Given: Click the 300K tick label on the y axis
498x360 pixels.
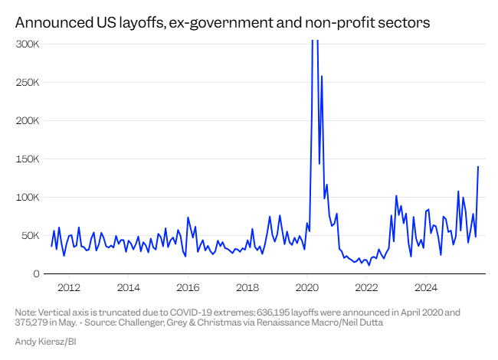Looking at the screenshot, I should pyautogui.click(x=28, y=44).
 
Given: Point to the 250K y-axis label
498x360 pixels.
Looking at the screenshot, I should pyautogui.click(x=28, y=82).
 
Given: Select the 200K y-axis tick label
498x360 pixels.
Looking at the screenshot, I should pyautogui.click(x=28, y=120).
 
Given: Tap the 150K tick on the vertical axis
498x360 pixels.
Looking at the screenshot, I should pyautogui.click(x=28, y=159).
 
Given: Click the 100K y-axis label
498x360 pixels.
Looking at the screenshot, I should pyautogui.click(x=28, y=197).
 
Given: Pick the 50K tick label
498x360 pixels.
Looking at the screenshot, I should pyautogui.click(x=30, y=235).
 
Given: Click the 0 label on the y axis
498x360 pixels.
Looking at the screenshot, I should pyautogui.click(x=36, y=273).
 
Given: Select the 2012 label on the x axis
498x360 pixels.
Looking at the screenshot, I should pyautogui.click(x=69, y=288).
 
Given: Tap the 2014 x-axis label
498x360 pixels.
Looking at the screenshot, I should pyautogui.click(x=128, y=288).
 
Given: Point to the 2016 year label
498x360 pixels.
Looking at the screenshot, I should pyautogui.click(x=188, y=288).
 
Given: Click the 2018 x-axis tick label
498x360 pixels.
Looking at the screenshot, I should pyautogui.click(x=247, y=288).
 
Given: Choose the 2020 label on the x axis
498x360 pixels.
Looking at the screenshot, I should pyautogui.click(x=306, y=288).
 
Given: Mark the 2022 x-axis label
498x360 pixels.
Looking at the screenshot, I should pyautogui.click(x=366, y=288).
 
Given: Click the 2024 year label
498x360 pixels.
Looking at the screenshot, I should pyautogui.click(x=426, y=288).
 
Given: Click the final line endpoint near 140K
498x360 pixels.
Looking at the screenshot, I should pyautogui.click(x=478, y=166).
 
